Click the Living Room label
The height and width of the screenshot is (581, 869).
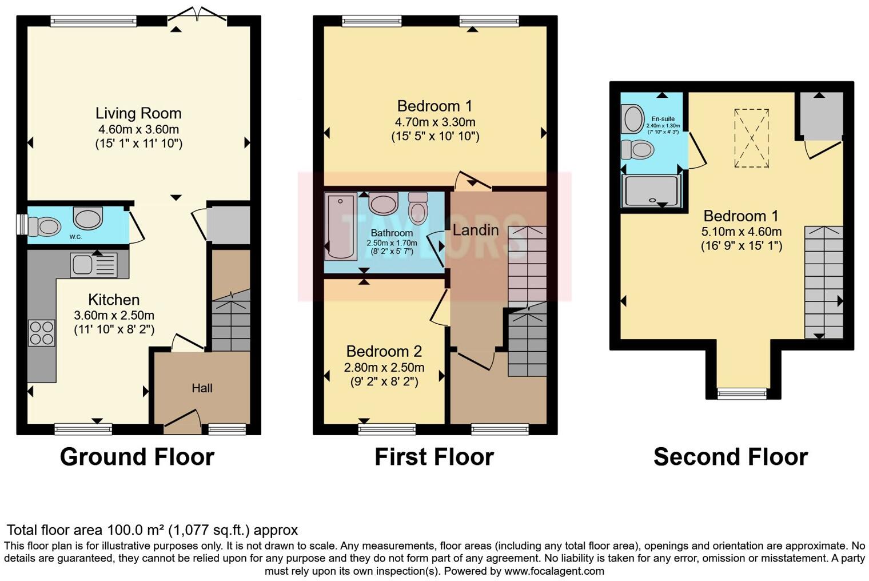click(138, 113)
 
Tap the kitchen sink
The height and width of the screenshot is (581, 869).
click(94, 265)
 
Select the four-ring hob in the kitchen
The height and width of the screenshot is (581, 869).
click(42, 332)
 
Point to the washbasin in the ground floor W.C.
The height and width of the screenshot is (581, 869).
click(87, 218)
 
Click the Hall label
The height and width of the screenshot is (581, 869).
click(202, 388)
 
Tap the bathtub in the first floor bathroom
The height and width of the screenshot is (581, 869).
click(340, 226)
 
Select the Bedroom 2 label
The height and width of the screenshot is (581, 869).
click(384, 351)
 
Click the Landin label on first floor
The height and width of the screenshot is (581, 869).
click(476, 230)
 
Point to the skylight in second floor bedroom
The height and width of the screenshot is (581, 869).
click(752, 138)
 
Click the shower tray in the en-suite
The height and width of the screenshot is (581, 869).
click(652, 190)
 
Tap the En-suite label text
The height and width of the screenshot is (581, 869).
click(663, 119)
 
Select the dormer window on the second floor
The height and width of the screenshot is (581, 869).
click(742, 393)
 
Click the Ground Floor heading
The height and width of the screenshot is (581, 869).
click(137, 457)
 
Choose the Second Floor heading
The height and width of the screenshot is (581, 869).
click(730, 457)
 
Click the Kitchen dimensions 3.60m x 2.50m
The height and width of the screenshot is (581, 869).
click(114, 315)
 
